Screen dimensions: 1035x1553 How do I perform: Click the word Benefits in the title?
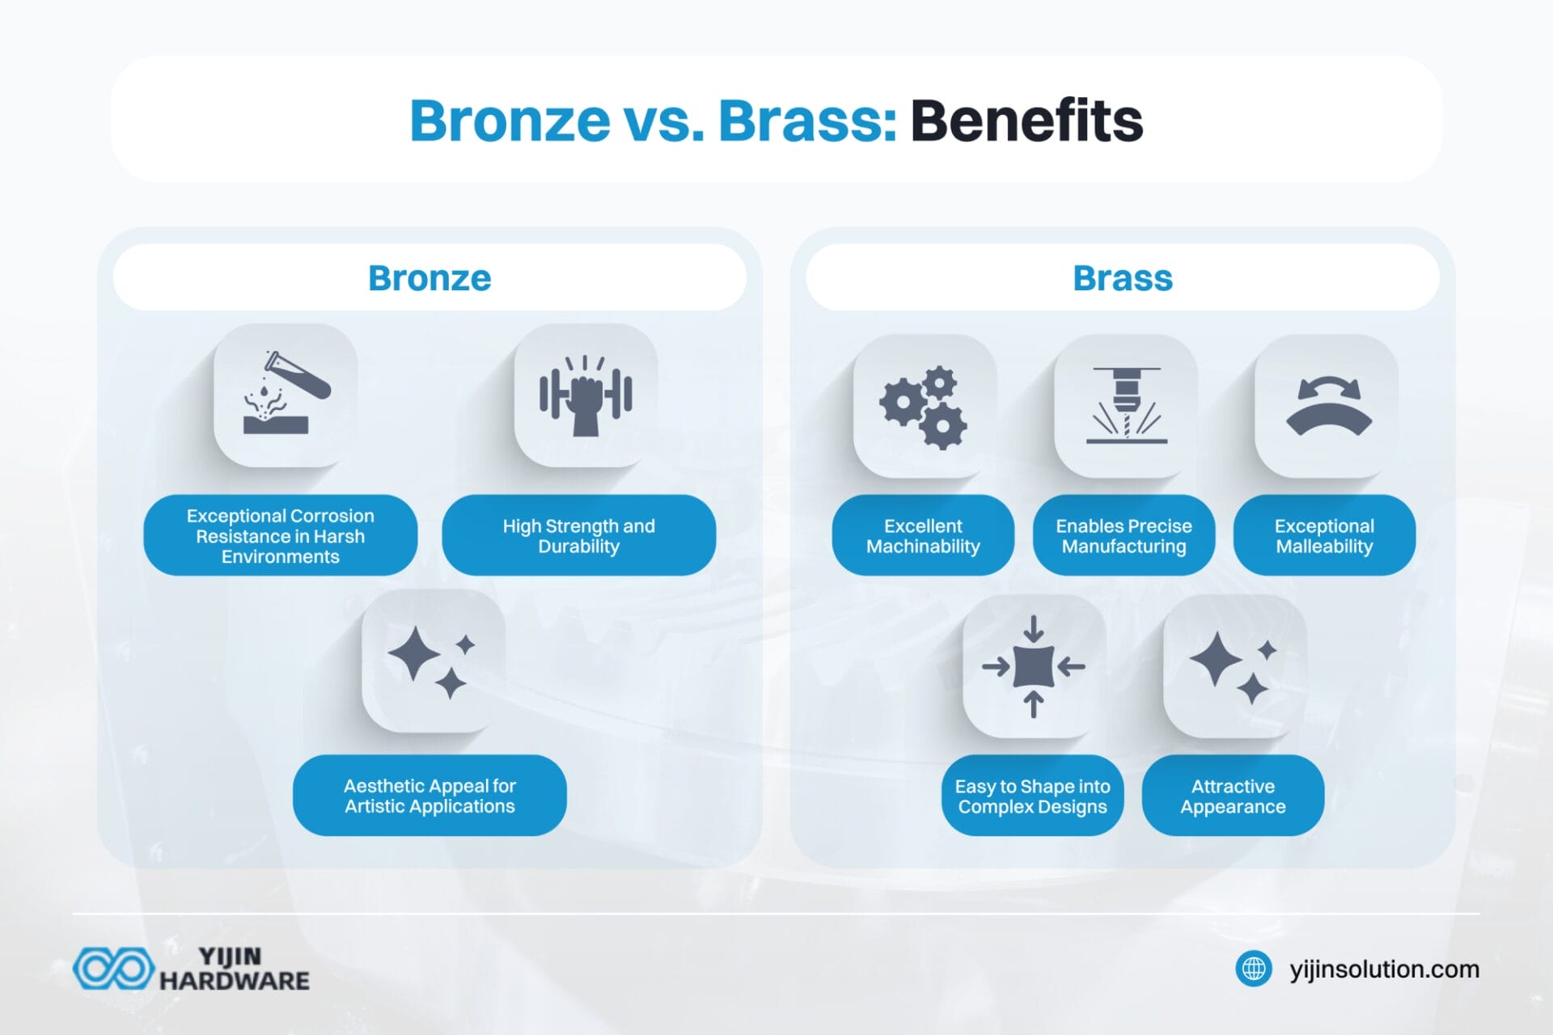(1026, 120)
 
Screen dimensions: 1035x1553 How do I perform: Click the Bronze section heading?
(430, 278)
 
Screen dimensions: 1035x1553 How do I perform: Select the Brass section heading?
(1122, 278)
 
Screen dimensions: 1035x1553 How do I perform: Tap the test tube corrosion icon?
(286, 395)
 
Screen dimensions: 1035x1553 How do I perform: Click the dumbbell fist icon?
(586, 395)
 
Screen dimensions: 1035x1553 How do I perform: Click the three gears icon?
(924, 407)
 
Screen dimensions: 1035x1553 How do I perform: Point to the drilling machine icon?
(1126, 405)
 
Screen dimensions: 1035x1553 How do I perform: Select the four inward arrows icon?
(1034, 666)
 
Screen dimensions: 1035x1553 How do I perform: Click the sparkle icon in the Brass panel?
(1234, 666)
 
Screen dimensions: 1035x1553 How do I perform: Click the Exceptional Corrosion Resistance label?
(281, 535)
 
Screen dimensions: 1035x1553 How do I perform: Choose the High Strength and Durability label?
(578, 535)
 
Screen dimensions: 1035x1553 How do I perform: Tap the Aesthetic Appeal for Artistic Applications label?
(430, 796)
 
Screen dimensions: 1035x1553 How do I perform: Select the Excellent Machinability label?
(923, 535)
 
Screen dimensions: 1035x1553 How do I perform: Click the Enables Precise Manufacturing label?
(1123, 535)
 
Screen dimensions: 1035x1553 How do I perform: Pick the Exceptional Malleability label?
(1324, 535)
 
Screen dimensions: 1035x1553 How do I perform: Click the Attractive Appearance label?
(1233, 796)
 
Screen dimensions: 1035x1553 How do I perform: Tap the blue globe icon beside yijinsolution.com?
(1254, 968)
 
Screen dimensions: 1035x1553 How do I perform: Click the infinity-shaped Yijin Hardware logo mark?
(113, 968)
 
